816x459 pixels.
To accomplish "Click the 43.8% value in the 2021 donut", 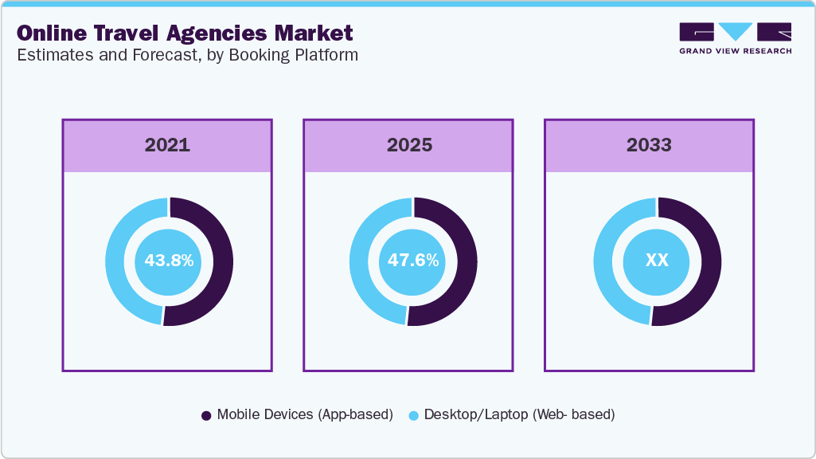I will pos(168,261).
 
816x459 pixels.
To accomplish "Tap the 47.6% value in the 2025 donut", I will pos(412,261).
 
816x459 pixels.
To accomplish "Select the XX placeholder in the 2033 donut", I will pos(657,261).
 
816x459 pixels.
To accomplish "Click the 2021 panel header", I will pos(167,145).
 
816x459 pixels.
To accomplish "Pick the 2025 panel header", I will pos(409,145).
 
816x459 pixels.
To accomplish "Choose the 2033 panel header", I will pos(649,145).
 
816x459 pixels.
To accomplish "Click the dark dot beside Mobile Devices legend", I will pos(206,415).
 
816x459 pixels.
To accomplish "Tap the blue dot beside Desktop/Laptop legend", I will pos(413,415).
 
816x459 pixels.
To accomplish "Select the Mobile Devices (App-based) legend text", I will pos(305,414).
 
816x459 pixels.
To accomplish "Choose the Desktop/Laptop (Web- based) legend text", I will pos(519,414).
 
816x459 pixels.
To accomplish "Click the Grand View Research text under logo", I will pos(735,51).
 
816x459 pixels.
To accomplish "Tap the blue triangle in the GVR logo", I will pos(736,31).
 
